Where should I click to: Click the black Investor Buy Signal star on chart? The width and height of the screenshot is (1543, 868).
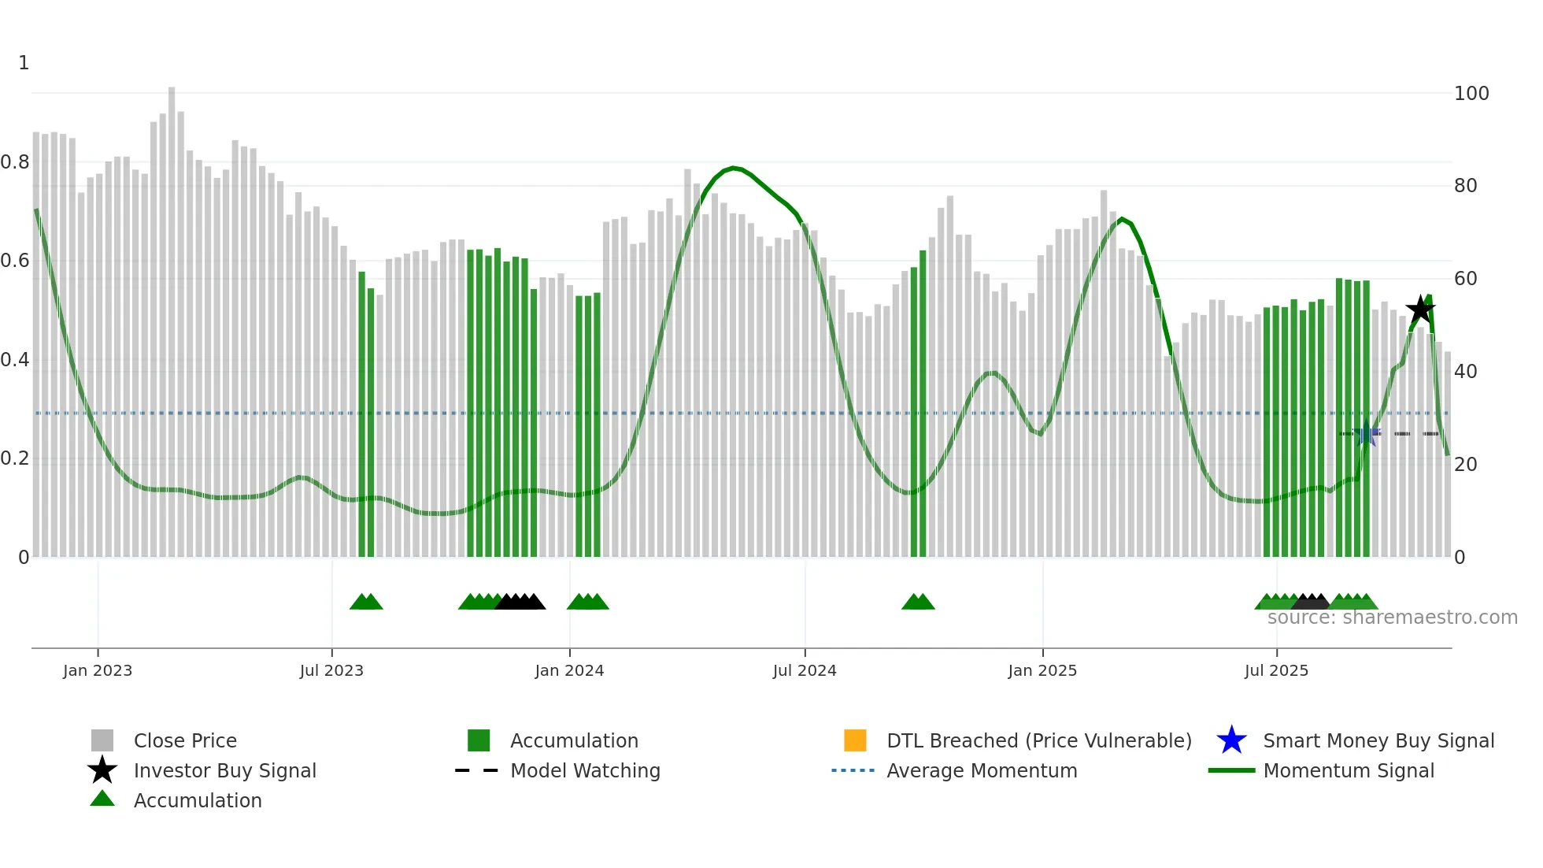(1420, 310)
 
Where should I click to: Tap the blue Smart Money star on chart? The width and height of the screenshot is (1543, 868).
(1367, 435)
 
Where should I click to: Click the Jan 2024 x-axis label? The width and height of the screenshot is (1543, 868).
(569, 670)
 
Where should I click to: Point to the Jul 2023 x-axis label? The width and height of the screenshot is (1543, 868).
(331, 670)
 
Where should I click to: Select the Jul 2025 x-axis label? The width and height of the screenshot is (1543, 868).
(1276, 670)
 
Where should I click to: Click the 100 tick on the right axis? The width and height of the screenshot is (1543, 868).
(1471, 94)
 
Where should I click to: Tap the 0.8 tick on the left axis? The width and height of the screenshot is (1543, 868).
(16, 162)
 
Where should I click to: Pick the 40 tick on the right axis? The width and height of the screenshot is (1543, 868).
(1465, 371)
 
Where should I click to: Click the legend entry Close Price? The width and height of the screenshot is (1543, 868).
(185, 740)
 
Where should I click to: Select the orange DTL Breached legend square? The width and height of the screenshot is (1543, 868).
(855, 740)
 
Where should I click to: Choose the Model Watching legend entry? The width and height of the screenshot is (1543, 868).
(585, 770)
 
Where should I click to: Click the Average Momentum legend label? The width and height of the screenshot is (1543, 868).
(982, 770)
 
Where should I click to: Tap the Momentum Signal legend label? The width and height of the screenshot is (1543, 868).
(1349, 770)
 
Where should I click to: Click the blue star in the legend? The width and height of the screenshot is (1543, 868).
(1231, 740)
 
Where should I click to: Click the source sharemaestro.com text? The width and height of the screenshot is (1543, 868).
(1392, 618)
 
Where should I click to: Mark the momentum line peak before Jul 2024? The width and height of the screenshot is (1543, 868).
(734, 168)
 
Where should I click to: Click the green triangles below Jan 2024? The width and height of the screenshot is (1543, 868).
(588, 602)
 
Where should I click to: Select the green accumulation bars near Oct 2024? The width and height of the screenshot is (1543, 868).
(918, 410)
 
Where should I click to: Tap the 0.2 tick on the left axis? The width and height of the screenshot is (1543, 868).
(16, 458)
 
